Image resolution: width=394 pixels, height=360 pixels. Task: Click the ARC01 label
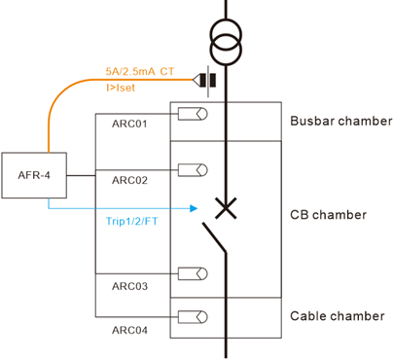pyautogui.click(x=129, y=125)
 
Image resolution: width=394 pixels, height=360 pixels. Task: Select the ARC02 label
pyautogui.click(x=129, y=180)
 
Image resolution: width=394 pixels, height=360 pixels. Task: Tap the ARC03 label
pyautogui.click(x=129, y=286)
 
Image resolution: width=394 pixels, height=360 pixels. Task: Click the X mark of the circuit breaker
pyautogui.click(x=226, y=207)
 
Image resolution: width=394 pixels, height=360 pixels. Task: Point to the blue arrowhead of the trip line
pyautogui.click(x=196, y=206)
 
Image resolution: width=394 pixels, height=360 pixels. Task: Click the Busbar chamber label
pyautogui.click(x=341, y=122)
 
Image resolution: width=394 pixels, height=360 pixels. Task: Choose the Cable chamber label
pyautogui.click(x=337, y=316)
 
